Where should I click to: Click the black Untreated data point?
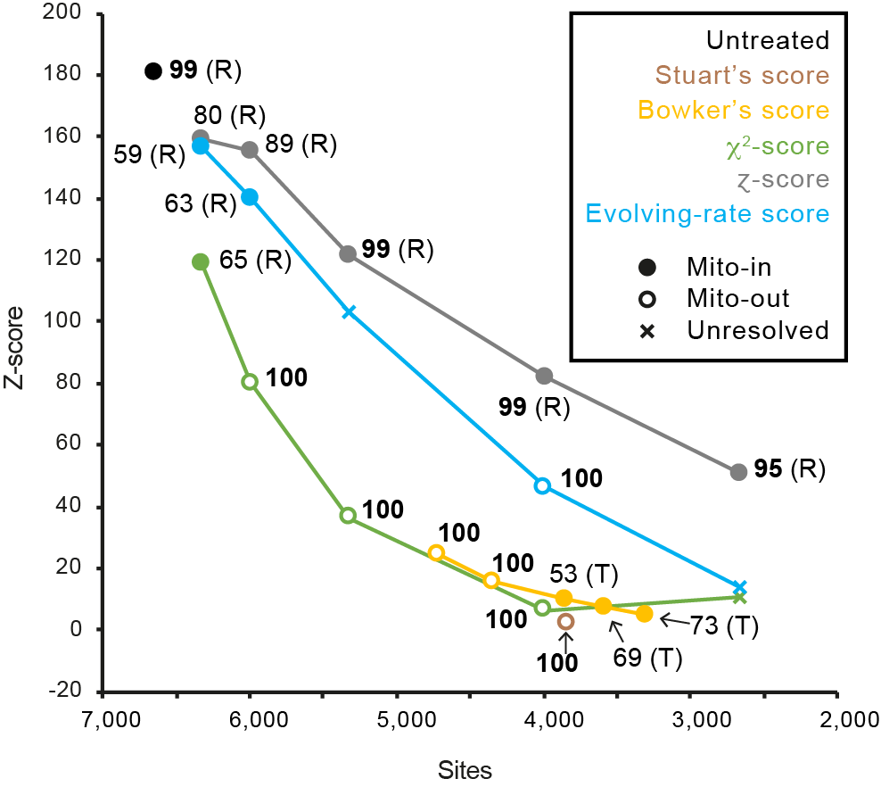click(153, 71)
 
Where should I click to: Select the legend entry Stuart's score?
click(741, 75)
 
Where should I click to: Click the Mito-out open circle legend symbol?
click(648, 298)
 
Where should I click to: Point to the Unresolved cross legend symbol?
click(648, 330)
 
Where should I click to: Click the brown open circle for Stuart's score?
click(565, 621)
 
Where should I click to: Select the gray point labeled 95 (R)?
click(738, 472)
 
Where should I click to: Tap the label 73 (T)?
click(726, 626)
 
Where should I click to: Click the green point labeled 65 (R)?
click(201, 261)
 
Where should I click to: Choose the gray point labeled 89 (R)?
click(250, 150)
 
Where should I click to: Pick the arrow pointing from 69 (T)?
click(615, 632)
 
